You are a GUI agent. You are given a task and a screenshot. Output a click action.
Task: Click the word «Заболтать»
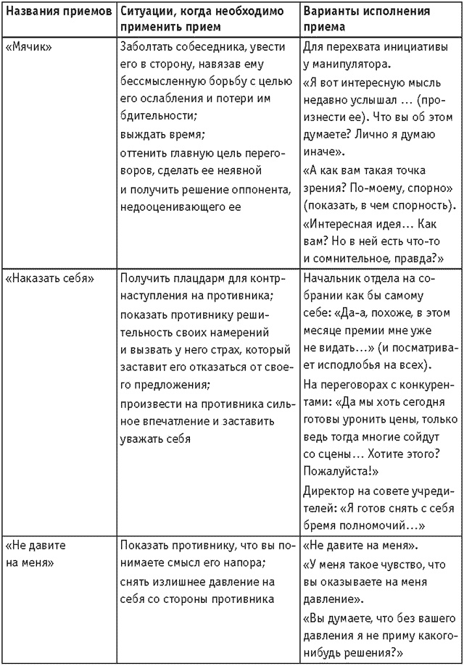click(146, 46)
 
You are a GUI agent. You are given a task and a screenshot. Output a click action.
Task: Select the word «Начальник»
click(330, 278)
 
